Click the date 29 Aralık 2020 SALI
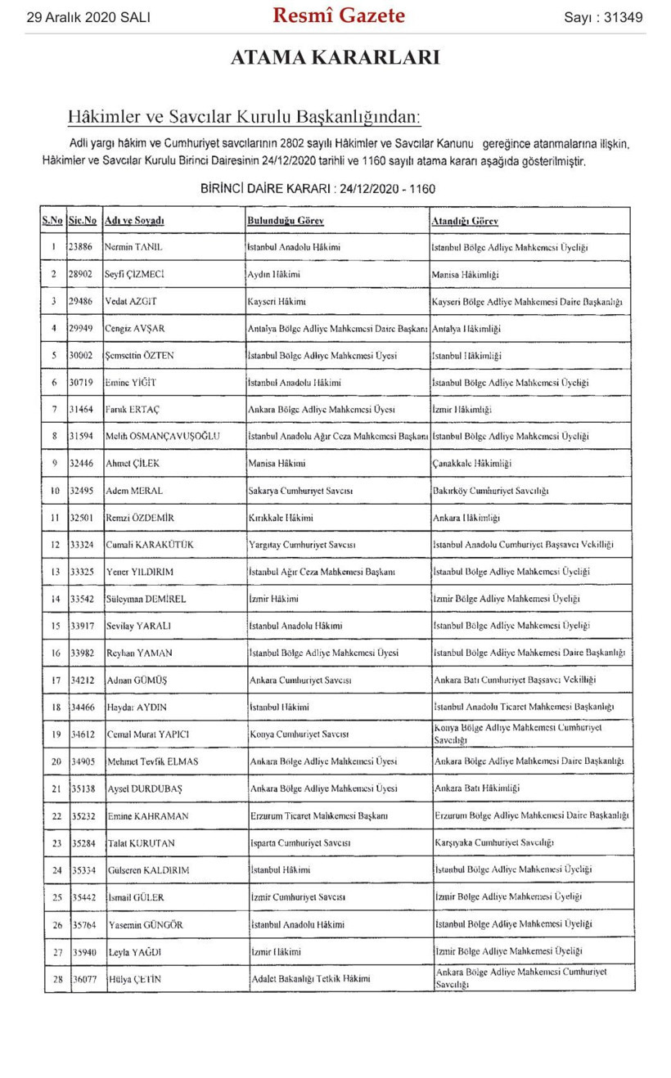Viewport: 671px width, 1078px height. click(x=88, y=17)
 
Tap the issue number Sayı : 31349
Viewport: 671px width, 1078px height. click(x=603, y=17)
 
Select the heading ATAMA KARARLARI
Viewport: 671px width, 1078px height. click(x=335, y=57)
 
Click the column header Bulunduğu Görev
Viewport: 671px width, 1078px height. click(x=286, y=222)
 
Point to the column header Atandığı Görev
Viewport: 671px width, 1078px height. click(x=465, y=222)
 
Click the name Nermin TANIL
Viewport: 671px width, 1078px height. click(x=134, y=246)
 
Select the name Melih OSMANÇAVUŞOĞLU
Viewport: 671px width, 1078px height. click(x=163, y=436)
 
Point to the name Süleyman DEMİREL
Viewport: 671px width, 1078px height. click(x=146, y=599)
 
